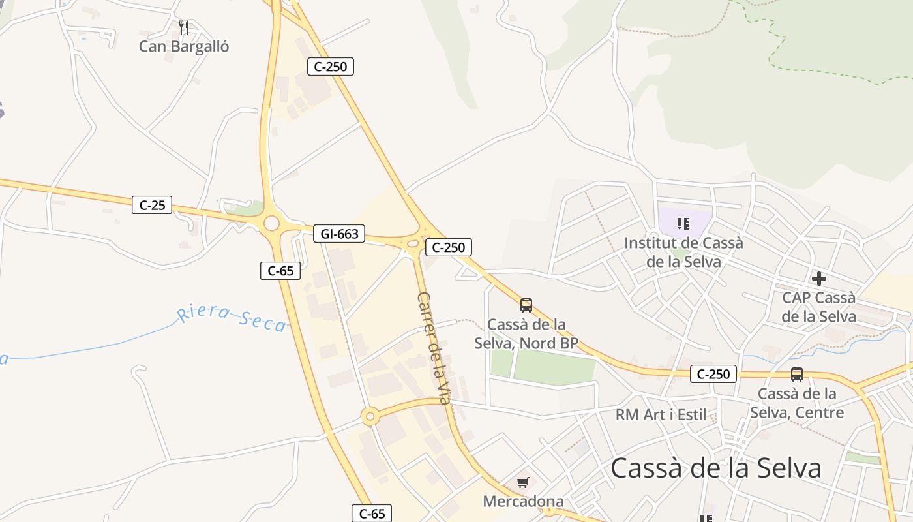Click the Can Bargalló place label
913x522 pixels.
(184, 46)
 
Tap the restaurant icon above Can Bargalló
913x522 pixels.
(184, 27)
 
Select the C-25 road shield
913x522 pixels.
(152, 205)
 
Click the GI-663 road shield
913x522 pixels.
(339, 234)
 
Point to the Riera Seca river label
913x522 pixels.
(232, 318)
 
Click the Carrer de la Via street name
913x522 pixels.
(434, 347)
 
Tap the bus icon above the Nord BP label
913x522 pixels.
(526, 305)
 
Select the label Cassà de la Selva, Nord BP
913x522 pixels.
(526, 333)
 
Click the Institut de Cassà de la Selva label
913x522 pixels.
(683, 252)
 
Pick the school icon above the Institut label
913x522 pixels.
(683, 224)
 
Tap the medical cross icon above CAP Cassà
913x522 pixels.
(819, 279)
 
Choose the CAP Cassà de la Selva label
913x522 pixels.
(819, 307)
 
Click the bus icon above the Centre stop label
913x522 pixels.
(797, 375)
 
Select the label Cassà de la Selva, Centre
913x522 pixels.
(797, 403)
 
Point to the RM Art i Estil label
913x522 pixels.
(661, 414)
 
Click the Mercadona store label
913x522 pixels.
(523, 501)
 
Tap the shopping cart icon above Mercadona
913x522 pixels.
(522, 483)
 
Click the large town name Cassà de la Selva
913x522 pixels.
(716, 468)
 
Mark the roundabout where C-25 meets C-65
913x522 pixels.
(272, 224)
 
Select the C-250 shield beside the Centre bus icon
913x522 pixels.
(713, 374)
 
